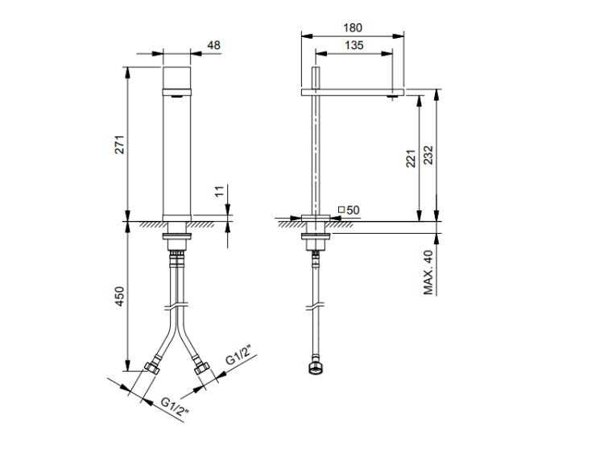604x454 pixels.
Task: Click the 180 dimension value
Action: pyautogui.click(x=353, y=27)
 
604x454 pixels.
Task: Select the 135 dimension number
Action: pyautogui.click(x=354, y=45)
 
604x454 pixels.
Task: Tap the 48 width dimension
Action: pyautogui.click(x=213, y=45)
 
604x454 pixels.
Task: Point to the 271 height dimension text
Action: pyautogui.click(x=120, y=144)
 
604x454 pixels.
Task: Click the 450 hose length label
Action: pyautogui.click(x=120, y=296)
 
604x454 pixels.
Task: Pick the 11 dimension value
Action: pyautogui.click(x=219, y=191)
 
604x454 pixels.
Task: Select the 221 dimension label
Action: pyautogui.click(x=411, y=158)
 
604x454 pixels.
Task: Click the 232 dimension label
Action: pyautogui.click(x=428, y=155)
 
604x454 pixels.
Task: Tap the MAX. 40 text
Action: pyautogui.click(x=428, y=273)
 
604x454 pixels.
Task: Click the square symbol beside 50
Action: pyautogui.click(x=341, y=210)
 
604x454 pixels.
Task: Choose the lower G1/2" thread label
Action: pyautogui.click(x=175, y=407)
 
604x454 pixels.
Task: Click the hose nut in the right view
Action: pyautogui.click(x=316, y=368)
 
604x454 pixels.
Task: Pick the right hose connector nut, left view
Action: pyautogui.click(x=201, y=368)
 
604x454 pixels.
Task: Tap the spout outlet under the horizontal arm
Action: pyautogui.click(x=392, y=97)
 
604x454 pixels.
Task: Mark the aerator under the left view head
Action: pyautogui.click(x=176, y=97)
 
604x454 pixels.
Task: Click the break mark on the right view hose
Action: pyautogui.click(x=316, y=307)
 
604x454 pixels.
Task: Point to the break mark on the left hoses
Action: pyautogui.click(x=176, y=306)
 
